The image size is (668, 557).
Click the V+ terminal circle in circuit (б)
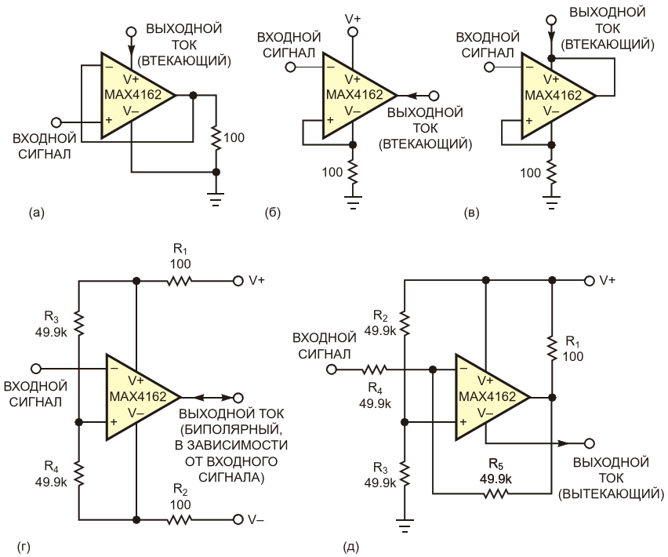click(x=352, y=32)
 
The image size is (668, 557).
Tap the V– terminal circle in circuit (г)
click(x=238, y=519)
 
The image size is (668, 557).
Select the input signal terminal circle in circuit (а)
click(x=56, y=122)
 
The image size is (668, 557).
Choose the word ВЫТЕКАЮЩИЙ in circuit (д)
click(x=619, y=493)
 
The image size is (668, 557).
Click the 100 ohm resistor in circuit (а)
click(x=216, y=138)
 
